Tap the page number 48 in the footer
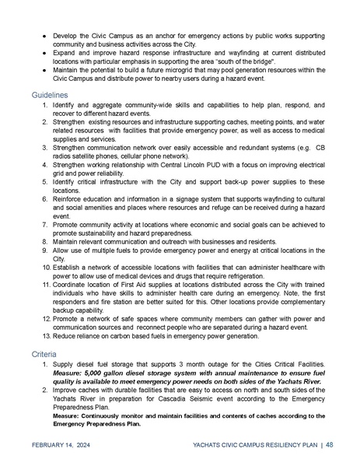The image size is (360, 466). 330,444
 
